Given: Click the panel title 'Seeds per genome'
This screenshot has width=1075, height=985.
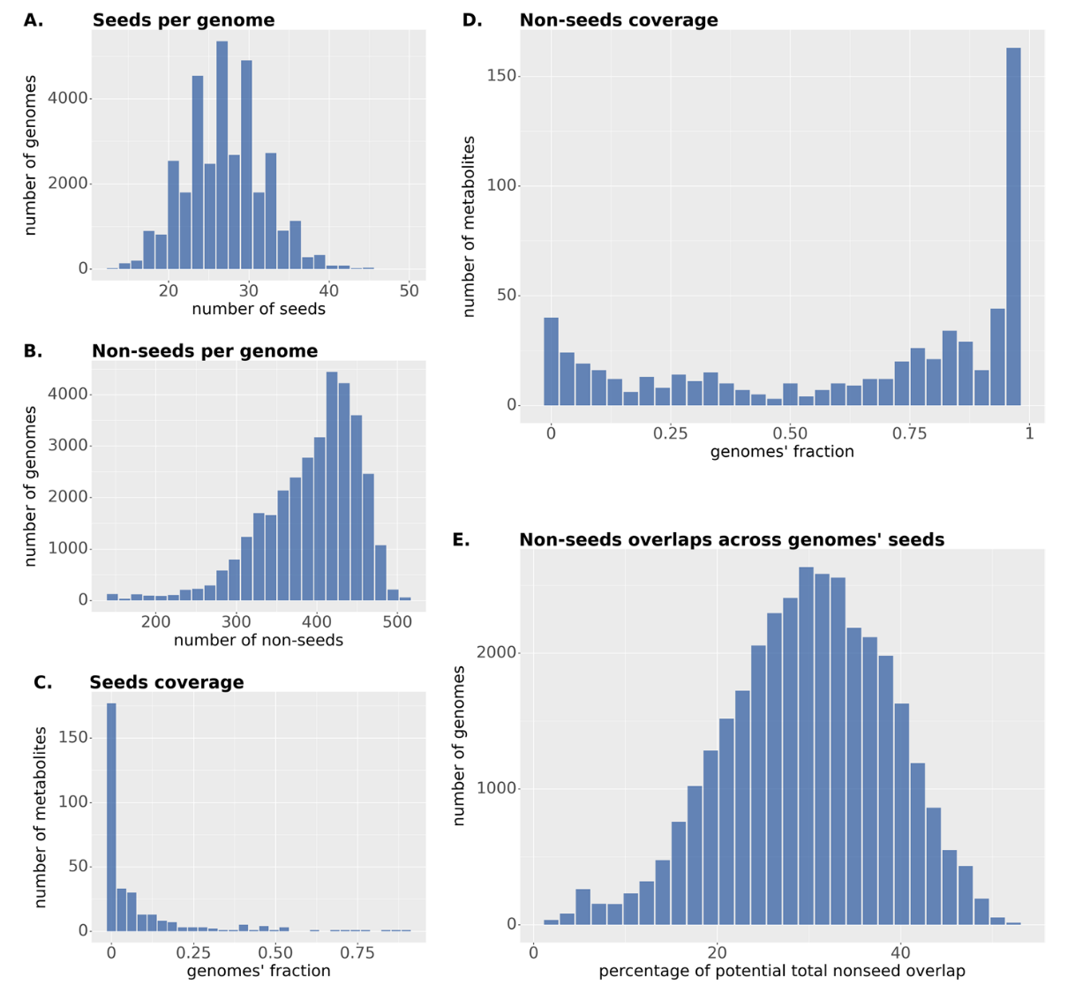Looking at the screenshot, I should pyautogui.click(x=183, y=19).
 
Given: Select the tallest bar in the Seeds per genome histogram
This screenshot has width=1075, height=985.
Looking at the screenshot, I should pyautogui.click(x=222, y=154).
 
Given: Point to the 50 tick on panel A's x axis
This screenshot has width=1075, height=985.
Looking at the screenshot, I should pyautogui.click(x=409, y=290).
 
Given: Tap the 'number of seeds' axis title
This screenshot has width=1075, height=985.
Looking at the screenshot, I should pyautogui.click(x=258, y=309).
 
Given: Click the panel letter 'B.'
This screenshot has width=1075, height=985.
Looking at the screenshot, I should pyautogui.click(x=33, y=350).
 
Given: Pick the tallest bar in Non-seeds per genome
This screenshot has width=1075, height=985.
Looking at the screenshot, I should pyautogui.click(x=332, y=485).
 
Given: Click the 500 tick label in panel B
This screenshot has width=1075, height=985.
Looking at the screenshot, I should pyautogui.click(x=397, y=620).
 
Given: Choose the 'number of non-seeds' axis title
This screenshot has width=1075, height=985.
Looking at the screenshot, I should pyautogui.click(x=258, y=640).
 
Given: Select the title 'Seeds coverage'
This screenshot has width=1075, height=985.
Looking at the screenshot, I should pyautogui.click(x=166, y=682).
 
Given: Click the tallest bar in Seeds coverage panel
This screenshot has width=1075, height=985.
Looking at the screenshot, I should pyautogui.click(x=111, y=816).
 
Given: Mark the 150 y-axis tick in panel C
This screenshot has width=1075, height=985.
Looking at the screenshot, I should pyautogui.click(x=77, y=737).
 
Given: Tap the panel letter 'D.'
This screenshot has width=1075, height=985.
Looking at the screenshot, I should pyautogui.click(x=472, y=19).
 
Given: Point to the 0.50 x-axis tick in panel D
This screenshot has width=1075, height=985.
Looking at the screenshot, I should pyautogui.click(x=789, y=433).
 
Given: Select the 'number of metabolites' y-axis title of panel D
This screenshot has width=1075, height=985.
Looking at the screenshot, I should pyautogui.click(x=469, y=226).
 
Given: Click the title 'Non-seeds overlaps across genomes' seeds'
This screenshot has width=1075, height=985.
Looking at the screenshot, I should pyautogui.click(x=731, y=539).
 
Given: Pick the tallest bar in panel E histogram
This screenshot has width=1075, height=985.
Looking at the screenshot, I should pyautogui.click(x=806, y=746).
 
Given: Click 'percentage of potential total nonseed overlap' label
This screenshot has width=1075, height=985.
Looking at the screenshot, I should pyautogui.click(x=781, y=971).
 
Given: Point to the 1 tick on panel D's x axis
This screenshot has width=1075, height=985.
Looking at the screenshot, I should pyautogui.click(x=1029, y=433).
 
